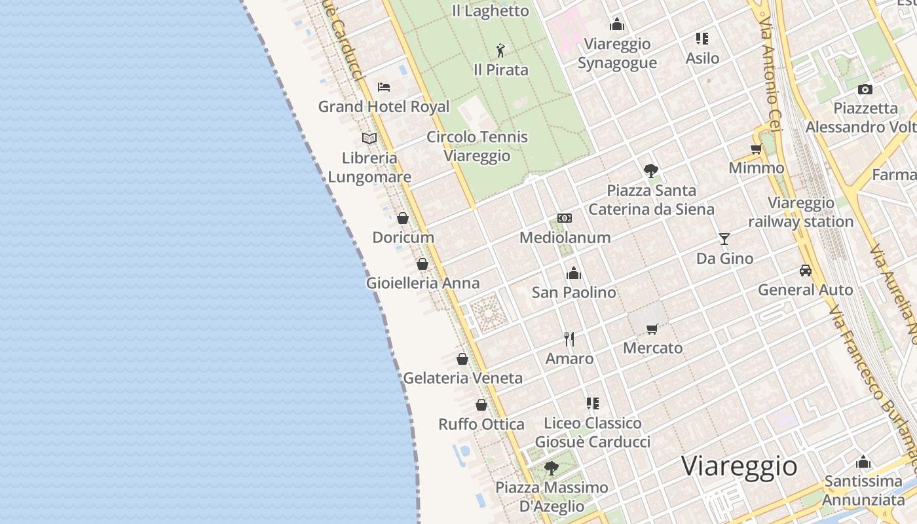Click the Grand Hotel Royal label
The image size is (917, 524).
(x=384, y=107)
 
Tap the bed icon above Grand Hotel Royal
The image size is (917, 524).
(x=384, y=86)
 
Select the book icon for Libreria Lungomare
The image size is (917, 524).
(x=369, y=138)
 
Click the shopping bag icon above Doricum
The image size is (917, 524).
(x=403, y=218)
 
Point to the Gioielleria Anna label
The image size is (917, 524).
(x=422, y=283)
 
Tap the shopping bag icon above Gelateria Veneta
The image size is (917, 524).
(x=462, y=359)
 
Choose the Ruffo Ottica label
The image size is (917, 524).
(x=481, y=424)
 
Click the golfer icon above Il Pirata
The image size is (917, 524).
(x=501, y=50)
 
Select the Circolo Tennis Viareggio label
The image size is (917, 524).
(x=477, y=146)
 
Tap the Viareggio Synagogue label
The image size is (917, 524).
(x=617, y=53)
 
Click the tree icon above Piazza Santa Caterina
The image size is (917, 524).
(x=651, y=171)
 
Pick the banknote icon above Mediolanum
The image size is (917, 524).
(x=565, y=218)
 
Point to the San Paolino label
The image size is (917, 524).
(x=574, y=292)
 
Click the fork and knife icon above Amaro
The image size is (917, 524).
(x=569, y=339)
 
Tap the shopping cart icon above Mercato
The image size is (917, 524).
(x=652, y=329)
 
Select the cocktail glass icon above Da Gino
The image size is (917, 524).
(x=724, y=238)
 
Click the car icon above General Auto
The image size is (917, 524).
(x=806, y=270)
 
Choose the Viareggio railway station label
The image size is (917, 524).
(x=801, y=212)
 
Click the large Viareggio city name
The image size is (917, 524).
(x=739, y=466)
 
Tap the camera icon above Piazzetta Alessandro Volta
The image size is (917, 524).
(x=865, y=90)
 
